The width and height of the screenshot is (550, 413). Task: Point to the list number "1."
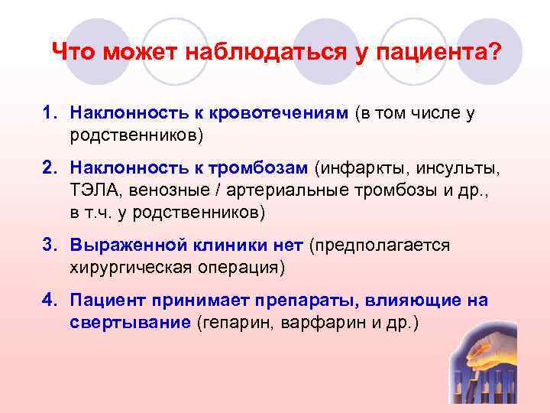click(51, 114)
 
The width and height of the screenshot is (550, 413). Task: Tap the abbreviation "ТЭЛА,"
click(95, 190)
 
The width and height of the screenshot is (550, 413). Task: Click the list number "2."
click(51, 167)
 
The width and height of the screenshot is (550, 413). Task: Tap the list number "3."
click(51, 245)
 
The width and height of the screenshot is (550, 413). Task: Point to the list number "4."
click(51, 301)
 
